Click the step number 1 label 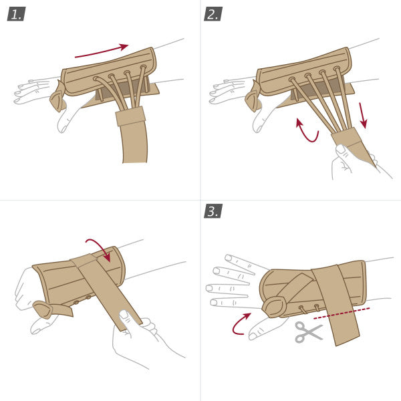tap(15, 13)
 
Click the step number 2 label tap(213, 13)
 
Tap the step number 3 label tap(213, 211)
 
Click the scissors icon tap(308, 331)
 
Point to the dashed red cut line tap(342, 313)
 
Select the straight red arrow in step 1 tap(101, 51)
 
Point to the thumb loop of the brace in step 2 tap(253, 99)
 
